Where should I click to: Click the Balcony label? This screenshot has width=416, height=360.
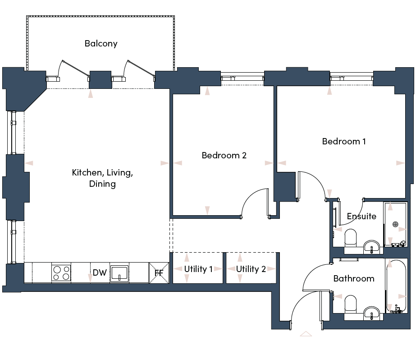(101, 44)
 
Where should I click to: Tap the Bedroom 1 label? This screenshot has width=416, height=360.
(344, 141)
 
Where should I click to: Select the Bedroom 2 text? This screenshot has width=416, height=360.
(224, 155)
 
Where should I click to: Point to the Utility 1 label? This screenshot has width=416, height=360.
(198, 269)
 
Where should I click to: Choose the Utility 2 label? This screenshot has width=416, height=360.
(251, 269)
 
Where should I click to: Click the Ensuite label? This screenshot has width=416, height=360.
(361, 216)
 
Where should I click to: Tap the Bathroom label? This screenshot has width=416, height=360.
(354, 278)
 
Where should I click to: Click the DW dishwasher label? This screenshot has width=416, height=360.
(100, 272)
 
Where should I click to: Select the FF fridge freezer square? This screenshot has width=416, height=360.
(159, 273)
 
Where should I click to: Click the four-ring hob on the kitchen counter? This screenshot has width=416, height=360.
(61, 273)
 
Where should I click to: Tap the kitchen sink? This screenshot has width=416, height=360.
(119, 273)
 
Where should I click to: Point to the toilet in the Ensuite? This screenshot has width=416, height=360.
(350, 237)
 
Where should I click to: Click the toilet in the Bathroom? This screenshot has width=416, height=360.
(350, 304)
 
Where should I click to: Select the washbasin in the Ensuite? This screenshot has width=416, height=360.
(371, 247)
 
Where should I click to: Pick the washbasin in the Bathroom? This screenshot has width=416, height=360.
(371, 313)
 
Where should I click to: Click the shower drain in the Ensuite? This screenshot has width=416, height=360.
(395, 225)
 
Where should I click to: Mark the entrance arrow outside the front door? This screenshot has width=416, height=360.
(306, 334)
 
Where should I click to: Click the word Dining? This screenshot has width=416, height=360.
(102, 184)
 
